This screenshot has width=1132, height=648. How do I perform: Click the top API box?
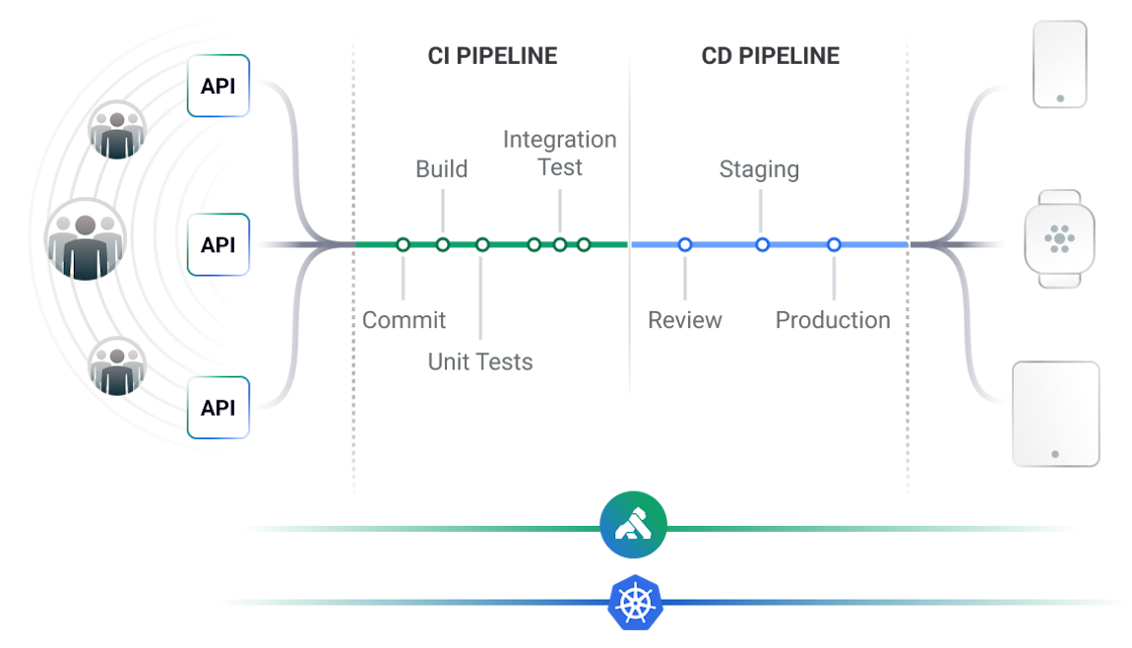219,86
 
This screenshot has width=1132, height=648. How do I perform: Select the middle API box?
219,244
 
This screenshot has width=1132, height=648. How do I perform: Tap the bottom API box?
219,407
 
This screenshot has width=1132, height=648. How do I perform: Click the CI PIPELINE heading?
492,55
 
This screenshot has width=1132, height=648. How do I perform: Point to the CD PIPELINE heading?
771,55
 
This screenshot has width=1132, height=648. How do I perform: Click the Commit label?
404,320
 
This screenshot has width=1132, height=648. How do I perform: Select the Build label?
441,168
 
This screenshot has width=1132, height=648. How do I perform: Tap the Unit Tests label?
479,361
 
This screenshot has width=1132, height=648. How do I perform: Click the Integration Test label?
559,154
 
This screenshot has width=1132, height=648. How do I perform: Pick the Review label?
685,320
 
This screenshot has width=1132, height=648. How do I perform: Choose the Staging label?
759,169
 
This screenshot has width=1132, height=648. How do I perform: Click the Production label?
832,320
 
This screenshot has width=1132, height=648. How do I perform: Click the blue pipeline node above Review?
685,244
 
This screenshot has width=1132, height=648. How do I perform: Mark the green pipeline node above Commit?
403,244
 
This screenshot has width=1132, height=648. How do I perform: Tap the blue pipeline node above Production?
834,244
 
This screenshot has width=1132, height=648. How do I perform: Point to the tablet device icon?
1055,414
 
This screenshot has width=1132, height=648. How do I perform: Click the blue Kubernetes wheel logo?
635,602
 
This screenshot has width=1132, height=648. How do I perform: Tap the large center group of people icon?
88,239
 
